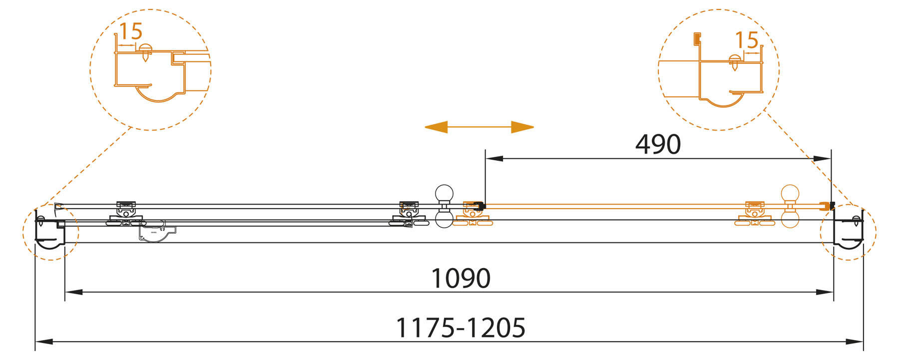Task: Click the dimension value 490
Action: click(658, 145)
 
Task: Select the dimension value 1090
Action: click(460, 279)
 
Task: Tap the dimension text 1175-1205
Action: click(460, 328)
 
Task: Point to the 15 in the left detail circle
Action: click(131, 32)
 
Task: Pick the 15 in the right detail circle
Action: click(747, 40)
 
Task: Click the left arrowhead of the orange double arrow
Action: click(435, 127)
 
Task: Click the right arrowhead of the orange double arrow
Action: click(523, 127)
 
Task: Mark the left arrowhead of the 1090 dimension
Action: click(73, 292)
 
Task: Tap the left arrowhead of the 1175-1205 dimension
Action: click(44, 342)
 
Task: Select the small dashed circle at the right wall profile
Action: click(848, 232)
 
